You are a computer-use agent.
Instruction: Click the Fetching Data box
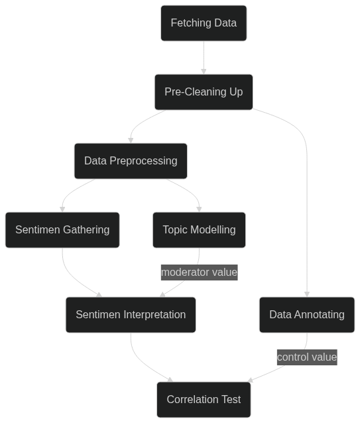click(204, 23)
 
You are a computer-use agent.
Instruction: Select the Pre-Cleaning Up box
click(204, 92)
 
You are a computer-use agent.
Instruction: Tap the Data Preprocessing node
click(131, 161)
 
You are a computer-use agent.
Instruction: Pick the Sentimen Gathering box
click(62, 230)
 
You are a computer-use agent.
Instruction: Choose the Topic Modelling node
click(199, 230)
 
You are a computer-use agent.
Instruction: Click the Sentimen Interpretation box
click(131, 315)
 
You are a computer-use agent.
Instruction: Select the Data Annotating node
click(307, 315)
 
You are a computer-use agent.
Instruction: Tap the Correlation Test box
click(204, 400)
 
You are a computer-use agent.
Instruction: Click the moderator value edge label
click(200, 272)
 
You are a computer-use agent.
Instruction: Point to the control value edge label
click(307, 357)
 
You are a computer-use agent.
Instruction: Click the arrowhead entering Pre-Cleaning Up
click(204, 72)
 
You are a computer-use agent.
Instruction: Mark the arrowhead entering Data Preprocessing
click(131, 141)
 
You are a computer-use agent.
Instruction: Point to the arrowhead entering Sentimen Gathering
click(62, 210)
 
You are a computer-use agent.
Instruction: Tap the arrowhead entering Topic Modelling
click(199, 210)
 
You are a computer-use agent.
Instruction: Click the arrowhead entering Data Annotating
click(307, 294)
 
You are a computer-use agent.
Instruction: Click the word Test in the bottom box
click(231, 400)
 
